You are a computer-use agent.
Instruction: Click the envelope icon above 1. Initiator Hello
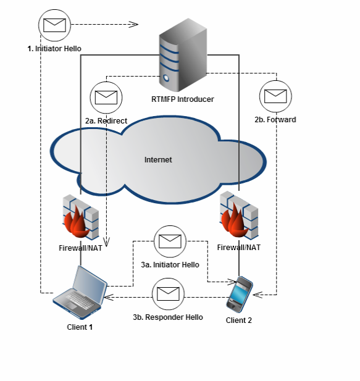[x=54, y=25]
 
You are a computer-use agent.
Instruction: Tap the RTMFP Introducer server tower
[x=183, y=55]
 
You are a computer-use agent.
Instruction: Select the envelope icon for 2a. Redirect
[x=106, y=98]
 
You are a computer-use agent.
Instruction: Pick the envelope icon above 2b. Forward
[x=275, y=96]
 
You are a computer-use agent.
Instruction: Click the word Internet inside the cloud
[x=158, y=160]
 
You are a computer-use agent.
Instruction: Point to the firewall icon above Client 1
[x=81, y=217]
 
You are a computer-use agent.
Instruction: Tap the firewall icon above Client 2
[x=239, y=215]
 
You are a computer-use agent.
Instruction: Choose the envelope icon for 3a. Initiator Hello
[x=170, y=241]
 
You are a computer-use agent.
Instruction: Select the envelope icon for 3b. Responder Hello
[x=168, y=294]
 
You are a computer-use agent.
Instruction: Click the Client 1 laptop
[x=80, y=293]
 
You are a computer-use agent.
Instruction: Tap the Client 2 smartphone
[x=240, y=295]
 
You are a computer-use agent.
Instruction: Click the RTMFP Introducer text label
[x=182, y=99]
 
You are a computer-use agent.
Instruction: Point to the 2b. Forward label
[x=275, y=120]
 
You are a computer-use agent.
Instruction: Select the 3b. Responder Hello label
[x=168, y=317]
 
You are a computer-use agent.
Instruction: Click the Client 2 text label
[x=239, y=320]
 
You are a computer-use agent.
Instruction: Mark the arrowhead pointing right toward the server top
[x=133, y=24]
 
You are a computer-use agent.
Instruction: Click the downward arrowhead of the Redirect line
[x=106, y=242]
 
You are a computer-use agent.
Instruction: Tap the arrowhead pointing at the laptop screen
[x=109, y=297]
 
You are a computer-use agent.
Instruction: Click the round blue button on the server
[x=166, y=78]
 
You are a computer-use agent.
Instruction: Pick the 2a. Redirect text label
[x=106, y=121]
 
